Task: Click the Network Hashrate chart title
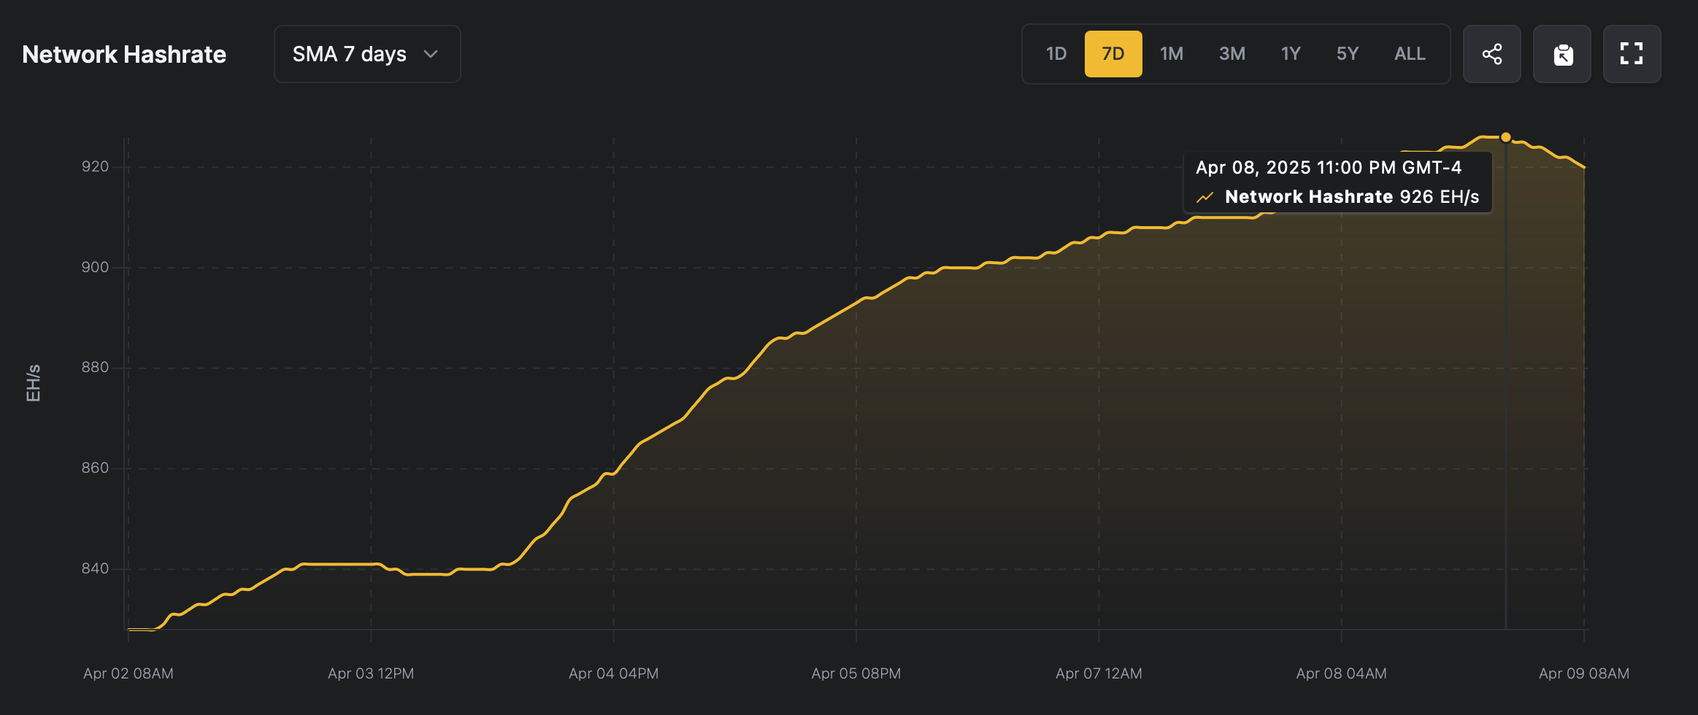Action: click(x=124, y=55)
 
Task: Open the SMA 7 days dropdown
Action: click(x=366, y=54)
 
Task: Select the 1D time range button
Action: click(x=1056, y=54)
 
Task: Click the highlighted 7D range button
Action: click(x=1113, y=54)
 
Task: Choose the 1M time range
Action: click(x=1171, y=54)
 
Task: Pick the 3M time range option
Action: click(x=1232, y=54)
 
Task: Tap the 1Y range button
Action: click(x=1290, y=54)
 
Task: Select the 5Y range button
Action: click(x=1347, y=54)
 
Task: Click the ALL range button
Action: click(x=1409, y=54)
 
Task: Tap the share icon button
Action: click(x=1491, y=54)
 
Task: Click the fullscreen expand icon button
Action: click(x=1632, y=54)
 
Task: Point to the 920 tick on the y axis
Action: click(x=95, y=167)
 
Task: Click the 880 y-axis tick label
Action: click(x=95, y=368)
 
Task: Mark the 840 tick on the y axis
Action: click(x=95, y=569)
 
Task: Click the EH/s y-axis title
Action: click(x=34, y=383)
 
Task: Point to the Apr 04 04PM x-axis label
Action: click(x=613, y=673)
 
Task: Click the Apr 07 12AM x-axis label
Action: click(x=1099, y=673)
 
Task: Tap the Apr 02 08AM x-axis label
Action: click(x=128, y=673)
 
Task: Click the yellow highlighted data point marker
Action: click(x=1505, y=137)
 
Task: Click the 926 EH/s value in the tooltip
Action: click(x=1439, y=197)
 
